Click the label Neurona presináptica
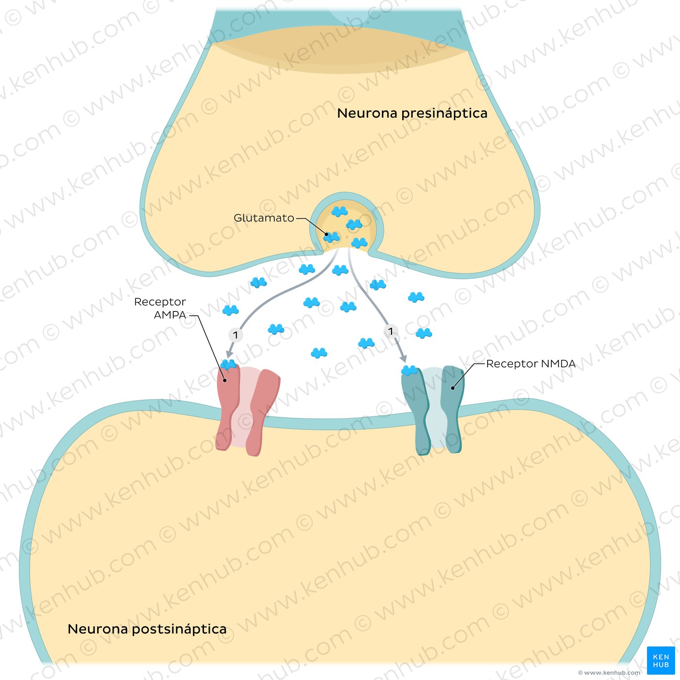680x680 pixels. coord(412,113)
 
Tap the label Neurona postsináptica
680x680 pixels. coord(147,629)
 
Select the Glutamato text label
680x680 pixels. coord(264,218)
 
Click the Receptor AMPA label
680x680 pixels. coord(160,308)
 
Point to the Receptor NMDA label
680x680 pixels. coord(530,364)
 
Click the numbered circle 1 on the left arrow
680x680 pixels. coord(236,335)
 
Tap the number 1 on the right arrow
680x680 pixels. coord(391,331)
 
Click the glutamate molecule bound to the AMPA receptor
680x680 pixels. coord(228,364)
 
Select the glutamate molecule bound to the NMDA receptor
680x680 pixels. coord(409,371)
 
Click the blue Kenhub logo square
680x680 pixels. coord(661,661)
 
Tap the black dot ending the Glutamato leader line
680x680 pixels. coord(327,235)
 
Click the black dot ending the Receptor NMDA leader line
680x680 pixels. coord(453,388)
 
